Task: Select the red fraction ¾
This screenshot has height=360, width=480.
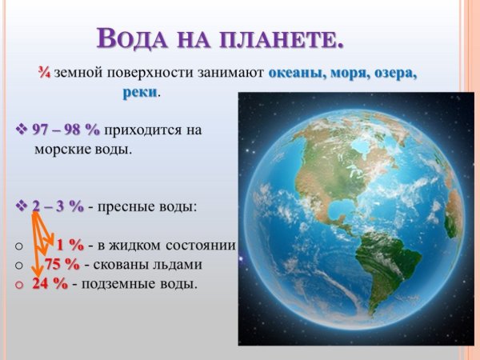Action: tap(44, 73)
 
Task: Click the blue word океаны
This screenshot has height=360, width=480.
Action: tap(296, 73)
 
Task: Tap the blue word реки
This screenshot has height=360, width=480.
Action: tap(140, 93)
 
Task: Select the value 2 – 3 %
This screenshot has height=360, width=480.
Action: tap(58, 206)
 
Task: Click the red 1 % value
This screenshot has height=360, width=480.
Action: tap(70, 245)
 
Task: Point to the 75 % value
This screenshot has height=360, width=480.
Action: tap(62, 264)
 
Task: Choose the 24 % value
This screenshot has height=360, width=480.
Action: tap(50, 283)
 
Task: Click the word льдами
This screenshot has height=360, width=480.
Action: tap(177, 264)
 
